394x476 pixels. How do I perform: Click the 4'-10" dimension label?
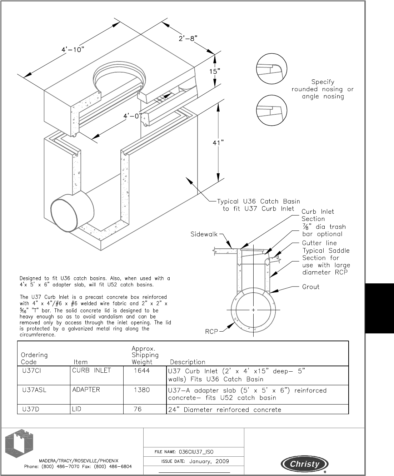[73, 49]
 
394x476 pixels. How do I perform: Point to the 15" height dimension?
[214, 71]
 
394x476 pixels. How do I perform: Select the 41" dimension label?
[218, 143]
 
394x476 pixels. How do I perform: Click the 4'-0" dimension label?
[133, 116]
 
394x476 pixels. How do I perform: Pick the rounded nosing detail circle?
[272, 69]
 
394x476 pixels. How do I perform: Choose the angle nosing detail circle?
[272, 110]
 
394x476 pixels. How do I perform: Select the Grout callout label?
[311, 287]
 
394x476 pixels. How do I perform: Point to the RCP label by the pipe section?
[211, 332]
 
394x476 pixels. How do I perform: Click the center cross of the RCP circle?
[253, 310]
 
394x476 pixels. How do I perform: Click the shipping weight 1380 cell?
[142, 390]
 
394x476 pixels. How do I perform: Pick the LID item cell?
[77, 409]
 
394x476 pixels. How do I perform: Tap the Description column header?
[188, 362]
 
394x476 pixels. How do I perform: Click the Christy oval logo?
[305, 464]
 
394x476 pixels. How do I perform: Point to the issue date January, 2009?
[209, 461]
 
